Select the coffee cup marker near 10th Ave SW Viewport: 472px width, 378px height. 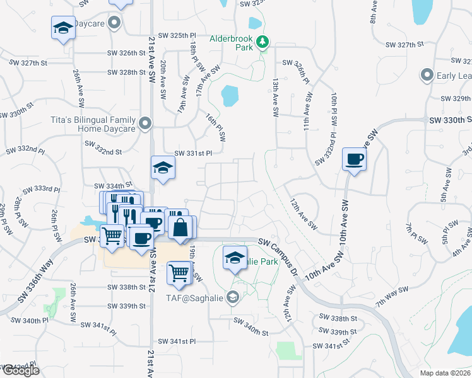[354, 159]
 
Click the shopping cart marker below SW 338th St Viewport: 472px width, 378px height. [179, 273]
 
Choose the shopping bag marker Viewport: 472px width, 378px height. [180, 227]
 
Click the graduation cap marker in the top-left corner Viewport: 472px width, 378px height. [62, 28]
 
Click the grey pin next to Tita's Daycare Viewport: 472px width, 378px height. [146, 123]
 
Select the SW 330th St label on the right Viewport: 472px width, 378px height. [450, 120]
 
